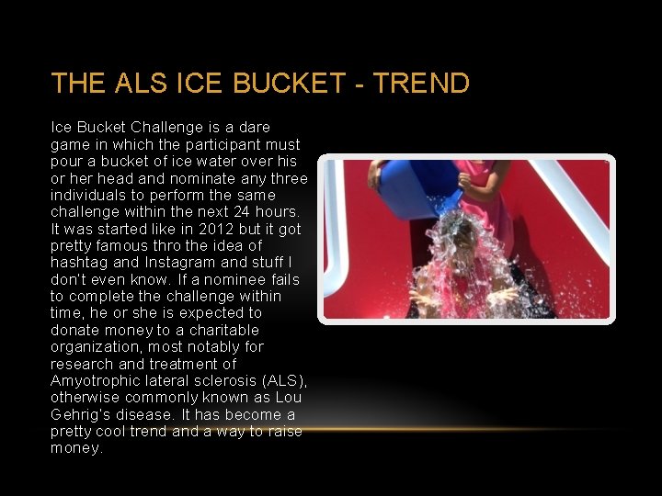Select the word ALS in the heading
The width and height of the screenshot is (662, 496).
coord(142,84)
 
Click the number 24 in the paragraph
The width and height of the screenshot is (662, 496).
coord(234,211)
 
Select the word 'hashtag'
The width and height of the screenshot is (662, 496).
coord(79,262)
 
